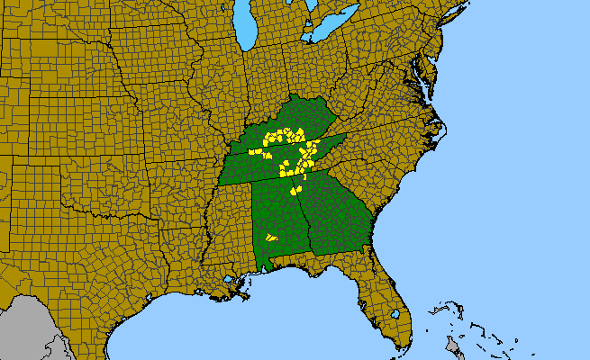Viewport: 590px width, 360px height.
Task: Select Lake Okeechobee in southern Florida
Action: [395, 314]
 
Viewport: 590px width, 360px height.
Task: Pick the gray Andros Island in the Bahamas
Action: [453, 346]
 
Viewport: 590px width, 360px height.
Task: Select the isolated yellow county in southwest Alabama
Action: [269, 237]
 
